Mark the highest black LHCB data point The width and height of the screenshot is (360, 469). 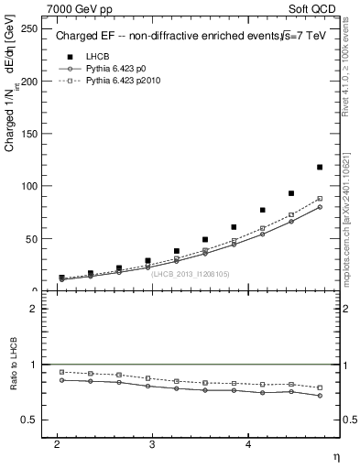[320, 167]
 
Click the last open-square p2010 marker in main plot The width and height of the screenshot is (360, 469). [320, 199]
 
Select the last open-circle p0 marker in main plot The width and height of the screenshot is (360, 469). [320, 207]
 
